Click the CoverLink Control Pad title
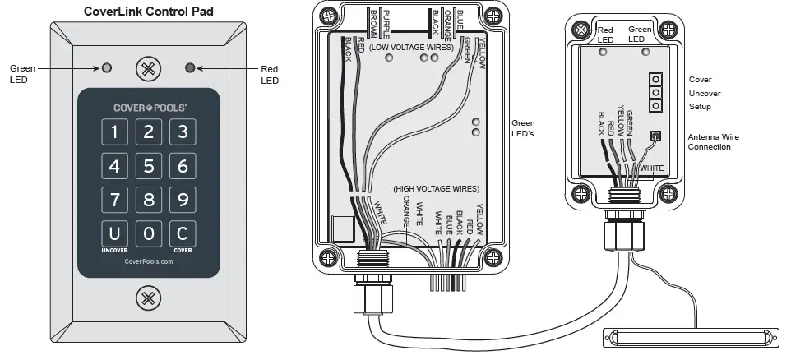(149, 12)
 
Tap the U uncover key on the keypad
(115, 233)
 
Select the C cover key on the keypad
(183, 233)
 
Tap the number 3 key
(183, 132)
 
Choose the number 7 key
(115, 200)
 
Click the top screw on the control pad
(149, 68)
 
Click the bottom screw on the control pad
(149, 297)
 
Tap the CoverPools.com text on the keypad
(149, 261)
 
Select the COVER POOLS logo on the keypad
(149, 107)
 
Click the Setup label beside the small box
(700, 107)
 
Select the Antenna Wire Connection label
(710, 141)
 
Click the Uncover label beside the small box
(705, 94)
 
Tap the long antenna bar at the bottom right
(690, 338)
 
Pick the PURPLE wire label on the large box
(385, 24)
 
